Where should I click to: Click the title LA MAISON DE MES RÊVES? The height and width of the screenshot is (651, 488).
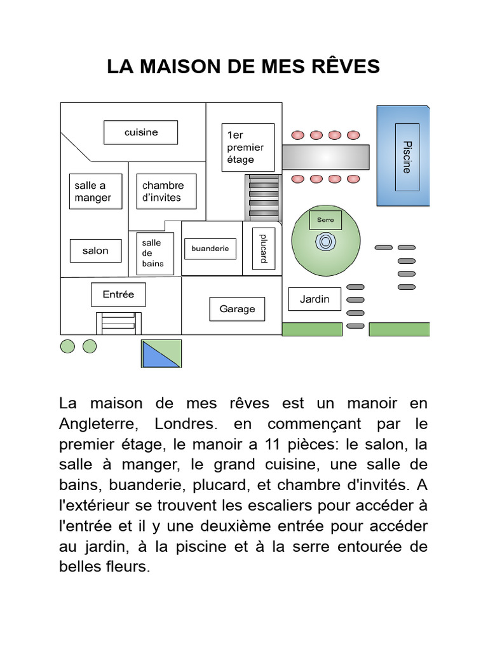coord(243,66)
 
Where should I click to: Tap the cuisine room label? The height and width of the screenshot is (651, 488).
coord(141,132)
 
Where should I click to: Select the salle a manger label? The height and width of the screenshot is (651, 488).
coord(93,191)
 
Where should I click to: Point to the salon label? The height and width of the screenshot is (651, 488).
coord(95,250)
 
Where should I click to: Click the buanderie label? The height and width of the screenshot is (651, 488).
coord(210,249)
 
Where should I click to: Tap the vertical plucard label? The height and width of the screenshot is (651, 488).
coord(264,249)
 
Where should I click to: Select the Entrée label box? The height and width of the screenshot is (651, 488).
coord(118,294)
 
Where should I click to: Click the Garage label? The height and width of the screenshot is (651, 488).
coord(237,309)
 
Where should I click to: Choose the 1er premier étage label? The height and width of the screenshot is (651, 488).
coord(247,147)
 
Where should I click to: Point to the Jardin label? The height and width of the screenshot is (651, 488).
coord(315,299)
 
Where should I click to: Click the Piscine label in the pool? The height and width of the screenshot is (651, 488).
coord(407,157)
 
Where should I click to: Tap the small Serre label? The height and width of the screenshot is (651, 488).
coord(325,220)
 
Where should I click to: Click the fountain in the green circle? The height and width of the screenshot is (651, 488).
coord(325,242)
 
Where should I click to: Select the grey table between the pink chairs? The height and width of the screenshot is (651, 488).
coord(325,154)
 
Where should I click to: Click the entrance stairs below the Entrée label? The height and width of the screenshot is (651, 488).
coord(119,322)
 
